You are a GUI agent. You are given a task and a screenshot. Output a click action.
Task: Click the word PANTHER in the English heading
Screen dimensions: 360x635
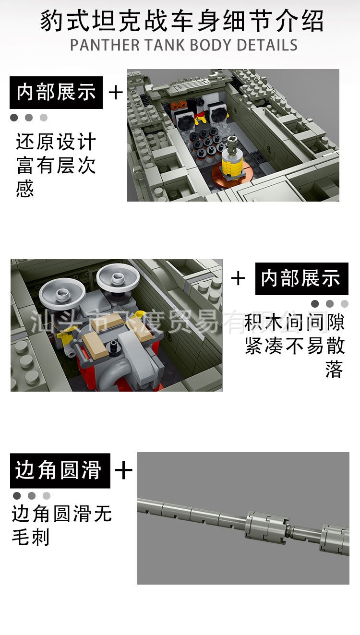coord(105,45)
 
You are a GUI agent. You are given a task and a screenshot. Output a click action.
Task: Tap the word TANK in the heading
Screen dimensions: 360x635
coord(165,45)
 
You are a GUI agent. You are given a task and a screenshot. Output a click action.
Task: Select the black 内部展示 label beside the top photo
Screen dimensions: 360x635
coord(56,93)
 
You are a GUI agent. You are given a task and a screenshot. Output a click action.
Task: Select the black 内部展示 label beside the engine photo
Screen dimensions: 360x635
coord(301,279)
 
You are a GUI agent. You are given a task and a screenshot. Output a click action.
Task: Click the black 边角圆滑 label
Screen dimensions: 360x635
coord(60,470)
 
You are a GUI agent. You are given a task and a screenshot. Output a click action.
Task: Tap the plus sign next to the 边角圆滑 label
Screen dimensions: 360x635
coord(123,470)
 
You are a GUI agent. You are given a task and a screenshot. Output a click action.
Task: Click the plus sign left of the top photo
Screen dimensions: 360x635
coord(116,93)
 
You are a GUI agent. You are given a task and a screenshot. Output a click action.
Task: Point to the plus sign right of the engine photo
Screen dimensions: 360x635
coord(238,278)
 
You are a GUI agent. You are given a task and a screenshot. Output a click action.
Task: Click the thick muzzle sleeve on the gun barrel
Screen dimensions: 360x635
coord(266,527)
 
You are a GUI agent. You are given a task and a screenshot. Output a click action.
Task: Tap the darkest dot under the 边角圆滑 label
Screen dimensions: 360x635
coord(17,495)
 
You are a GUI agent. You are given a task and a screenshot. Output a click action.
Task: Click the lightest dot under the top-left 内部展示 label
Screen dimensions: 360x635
coord(44,118)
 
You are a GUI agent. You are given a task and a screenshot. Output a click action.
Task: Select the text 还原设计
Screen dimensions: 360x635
coord(56,142)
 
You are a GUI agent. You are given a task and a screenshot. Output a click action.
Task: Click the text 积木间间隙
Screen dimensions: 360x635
coord(295,323)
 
